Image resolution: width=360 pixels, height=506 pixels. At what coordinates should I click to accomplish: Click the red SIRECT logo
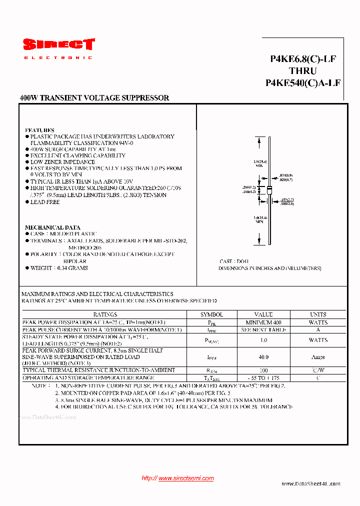tap(58, 45)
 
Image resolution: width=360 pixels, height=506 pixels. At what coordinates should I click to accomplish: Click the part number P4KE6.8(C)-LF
tap(303, 59)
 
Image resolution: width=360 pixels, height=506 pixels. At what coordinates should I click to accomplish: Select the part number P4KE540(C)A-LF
tap(303, 83)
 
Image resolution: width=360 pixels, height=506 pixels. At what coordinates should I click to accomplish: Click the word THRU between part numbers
tap(302, 71)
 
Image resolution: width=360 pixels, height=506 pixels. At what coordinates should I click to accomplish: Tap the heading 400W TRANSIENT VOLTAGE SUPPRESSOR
tap(94, 98)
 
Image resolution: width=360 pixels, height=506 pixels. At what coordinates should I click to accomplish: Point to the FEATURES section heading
tap(39, 130)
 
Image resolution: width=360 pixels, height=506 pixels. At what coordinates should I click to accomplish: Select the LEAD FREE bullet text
tap(45, 202)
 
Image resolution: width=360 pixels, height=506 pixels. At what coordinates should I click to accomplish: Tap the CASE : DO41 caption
tap(234, 261)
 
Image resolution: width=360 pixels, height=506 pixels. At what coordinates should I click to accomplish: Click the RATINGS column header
tap(105, 314)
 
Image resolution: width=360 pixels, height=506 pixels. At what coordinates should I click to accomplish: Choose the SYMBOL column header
tap(211, 314)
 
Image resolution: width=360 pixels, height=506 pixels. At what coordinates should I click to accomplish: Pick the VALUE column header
tap(263, 314)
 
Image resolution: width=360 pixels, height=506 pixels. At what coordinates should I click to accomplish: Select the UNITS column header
tap(318, 314)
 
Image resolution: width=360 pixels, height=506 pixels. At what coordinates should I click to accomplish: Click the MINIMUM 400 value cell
tap(263, 322)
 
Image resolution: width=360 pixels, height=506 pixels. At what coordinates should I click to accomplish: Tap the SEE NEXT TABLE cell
tap(263, 330)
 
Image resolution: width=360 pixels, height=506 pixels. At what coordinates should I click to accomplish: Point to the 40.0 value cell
tap(263, 357)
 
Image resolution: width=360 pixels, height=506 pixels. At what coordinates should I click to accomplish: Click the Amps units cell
tap(318, 357)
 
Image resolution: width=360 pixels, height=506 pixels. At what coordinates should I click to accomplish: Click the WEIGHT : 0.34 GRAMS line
tap(59, 268)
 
